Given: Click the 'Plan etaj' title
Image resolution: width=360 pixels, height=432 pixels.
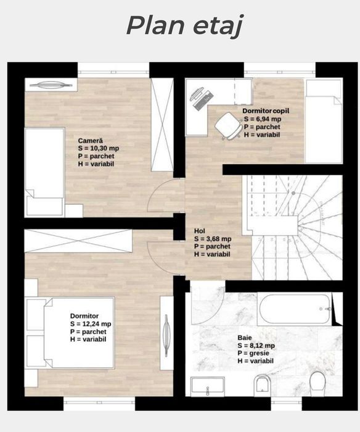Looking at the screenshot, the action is point(185,26).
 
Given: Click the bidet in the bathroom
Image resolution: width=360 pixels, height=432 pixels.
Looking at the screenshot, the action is point(262,384).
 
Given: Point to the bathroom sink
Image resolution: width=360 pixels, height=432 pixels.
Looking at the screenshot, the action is point(208,386).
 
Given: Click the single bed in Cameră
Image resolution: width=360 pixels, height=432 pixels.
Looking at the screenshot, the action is point(45,172).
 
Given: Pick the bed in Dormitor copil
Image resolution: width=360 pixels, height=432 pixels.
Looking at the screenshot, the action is point(324,121).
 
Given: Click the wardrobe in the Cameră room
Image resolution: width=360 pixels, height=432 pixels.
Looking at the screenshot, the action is point(162,125).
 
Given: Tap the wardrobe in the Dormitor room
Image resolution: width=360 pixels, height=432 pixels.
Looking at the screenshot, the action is point(78,241).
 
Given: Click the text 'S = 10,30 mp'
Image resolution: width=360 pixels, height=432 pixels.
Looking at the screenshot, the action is point(99,149).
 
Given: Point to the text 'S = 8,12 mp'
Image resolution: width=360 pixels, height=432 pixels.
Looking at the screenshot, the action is point(256,346).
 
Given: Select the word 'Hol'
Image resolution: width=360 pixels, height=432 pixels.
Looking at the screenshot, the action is point(200,231).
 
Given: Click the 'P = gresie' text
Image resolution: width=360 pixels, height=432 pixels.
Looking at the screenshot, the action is point(253,353).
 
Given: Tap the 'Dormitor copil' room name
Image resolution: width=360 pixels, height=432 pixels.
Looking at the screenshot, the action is point(266,110).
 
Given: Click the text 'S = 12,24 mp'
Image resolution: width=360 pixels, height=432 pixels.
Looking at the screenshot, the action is point(91,324).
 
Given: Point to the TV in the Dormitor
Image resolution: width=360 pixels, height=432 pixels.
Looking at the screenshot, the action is point(166,336).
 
